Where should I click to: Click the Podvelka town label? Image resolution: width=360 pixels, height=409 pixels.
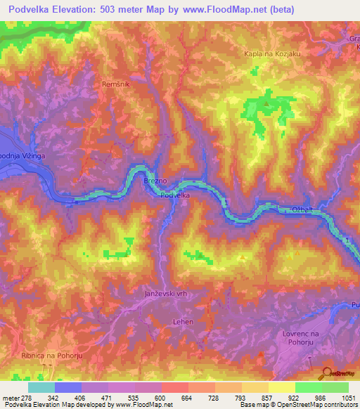point(174,195)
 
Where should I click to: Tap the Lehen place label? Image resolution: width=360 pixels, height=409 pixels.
point(182,321)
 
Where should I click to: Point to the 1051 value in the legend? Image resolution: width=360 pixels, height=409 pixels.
point(347,397)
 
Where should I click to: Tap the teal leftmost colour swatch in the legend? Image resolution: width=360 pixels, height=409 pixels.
point(41,387)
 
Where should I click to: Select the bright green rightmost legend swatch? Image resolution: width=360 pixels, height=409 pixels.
point(335,387)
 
